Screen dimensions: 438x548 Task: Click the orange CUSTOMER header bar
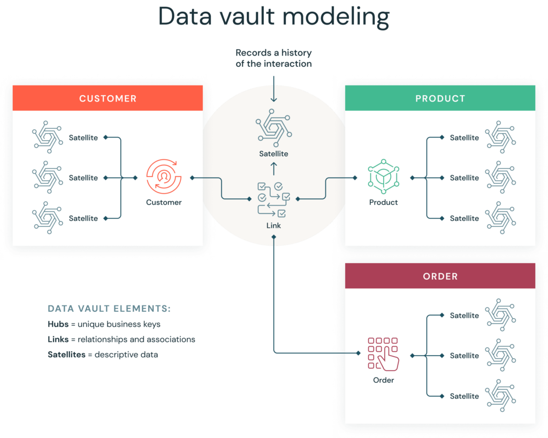click(x=108, y=98)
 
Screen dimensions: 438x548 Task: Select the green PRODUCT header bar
click(x=440, y=98)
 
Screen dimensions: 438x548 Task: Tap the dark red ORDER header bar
click(x=440, y=276)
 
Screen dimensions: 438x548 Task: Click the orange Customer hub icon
click(x=163, y=176)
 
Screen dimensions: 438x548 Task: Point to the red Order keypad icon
click(x=383, y=354)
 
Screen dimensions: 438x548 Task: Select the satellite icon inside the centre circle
click(x=273, y=129)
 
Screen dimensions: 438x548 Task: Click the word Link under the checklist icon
click(x=273, y=226)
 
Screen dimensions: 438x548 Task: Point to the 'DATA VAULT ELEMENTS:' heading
click(x=109, y=309)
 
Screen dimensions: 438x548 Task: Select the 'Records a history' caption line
click(x=273, y=53)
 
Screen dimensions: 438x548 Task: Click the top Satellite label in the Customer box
click(x=83, y=138)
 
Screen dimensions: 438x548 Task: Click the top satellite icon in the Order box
click(x=500, y=314)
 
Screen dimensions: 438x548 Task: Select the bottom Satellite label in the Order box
click(x=464, y=396)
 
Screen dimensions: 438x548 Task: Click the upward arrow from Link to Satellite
click(x=273, y=170)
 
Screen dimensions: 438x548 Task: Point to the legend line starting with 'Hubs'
click(x=104, y=325)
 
